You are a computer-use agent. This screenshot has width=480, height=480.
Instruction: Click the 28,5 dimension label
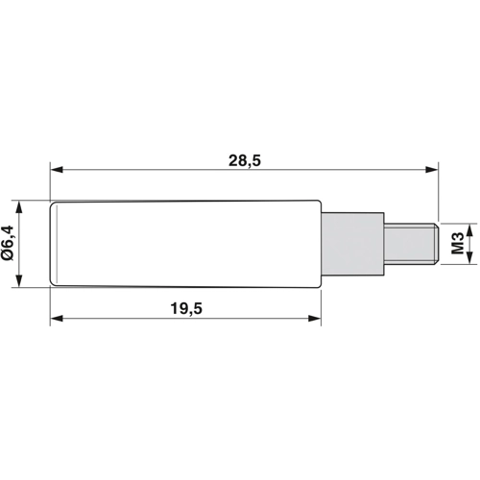245,160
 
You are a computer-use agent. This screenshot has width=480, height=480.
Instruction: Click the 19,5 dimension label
186,309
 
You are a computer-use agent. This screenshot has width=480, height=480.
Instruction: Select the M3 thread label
458,244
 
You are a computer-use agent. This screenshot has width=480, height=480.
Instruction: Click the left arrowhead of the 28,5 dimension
57,170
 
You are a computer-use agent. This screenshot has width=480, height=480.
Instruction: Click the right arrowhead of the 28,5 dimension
432,170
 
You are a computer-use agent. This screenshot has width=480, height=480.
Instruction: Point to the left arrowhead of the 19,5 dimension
57,318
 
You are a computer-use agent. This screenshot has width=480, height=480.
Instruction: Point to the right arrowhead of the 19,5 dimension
314,318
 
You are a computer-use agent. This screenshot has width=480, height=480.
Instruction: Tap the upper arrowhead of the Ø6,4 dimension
19,207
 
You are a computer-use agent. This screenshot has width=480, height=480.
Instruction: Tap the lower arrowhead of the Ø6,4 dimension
19,281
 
